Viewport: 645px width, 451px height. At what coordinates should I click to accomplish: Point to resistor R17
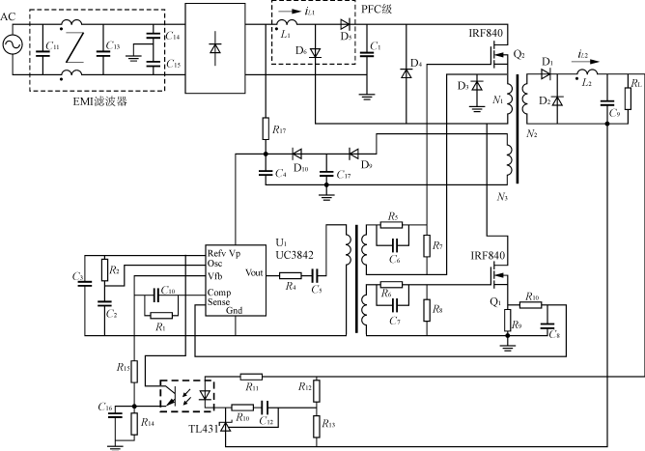coord(265,127)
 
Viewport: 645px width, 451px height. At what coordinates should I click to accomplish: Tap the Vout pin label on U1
coord(256,272)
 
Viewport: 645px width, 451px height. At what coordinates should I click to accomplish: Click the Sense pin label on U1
coord(218,301)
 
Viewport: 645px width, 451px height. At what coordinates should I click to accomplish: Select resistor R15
coord(136,369)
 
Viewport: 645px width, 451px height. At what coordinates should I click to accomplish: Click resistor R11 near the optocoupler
coord(252,377)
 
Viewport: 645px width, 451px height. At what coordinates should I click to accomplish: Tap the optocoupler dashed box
coord(186,395)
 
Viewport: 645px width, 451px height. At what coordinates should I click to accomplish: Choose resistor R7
coord(427,244)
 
